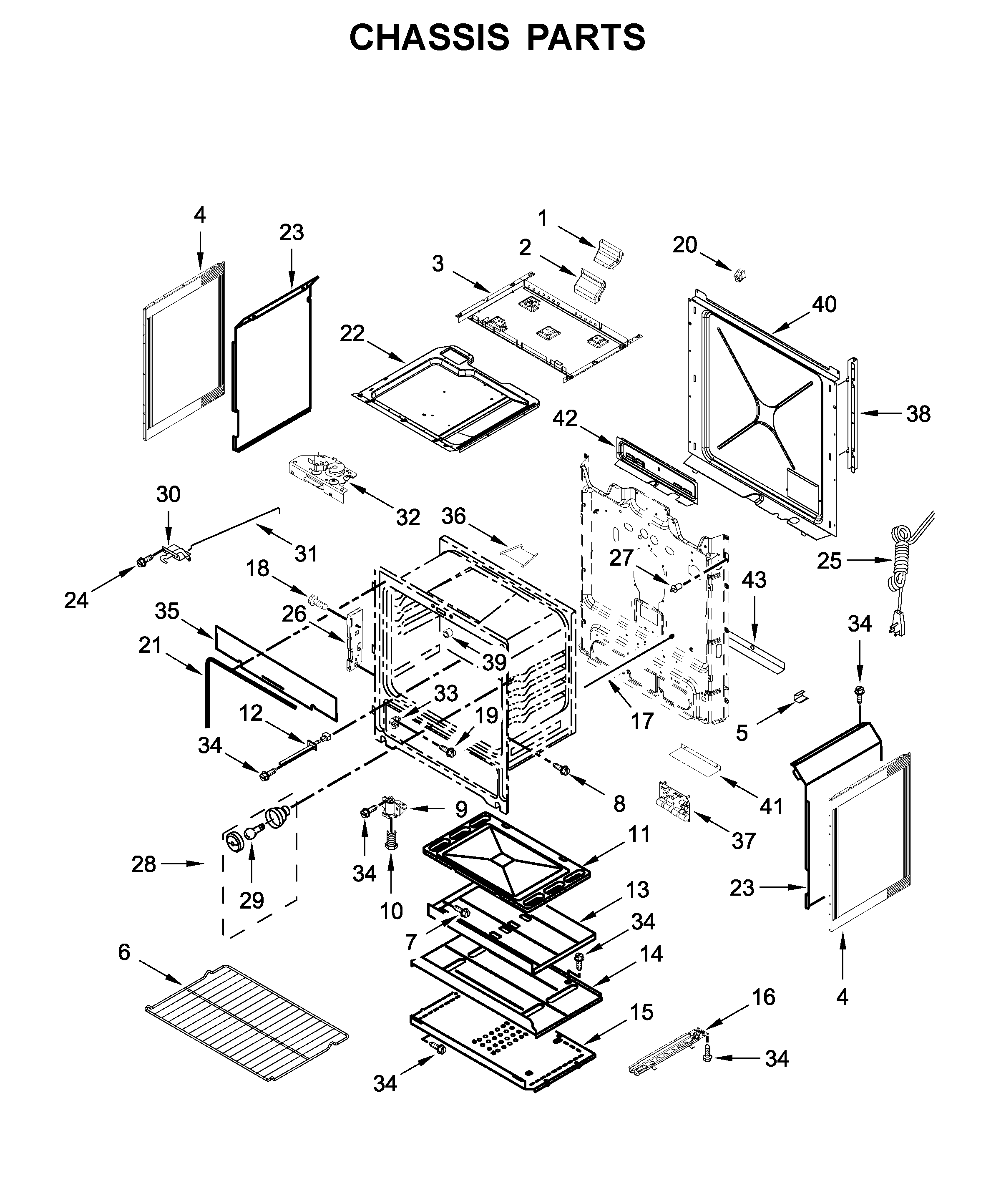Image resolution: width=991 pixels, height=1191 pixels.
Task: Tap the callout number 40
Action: [x=824, y=305]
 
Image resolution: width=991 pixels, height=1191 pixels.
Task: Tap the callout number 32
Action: [x=407, y=517]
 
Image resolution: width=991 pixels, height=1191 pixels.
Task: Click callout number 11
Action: [x=639, y=834]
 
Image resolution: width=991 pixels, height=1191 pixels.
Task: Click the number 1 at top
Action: [x=543, y=218]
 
